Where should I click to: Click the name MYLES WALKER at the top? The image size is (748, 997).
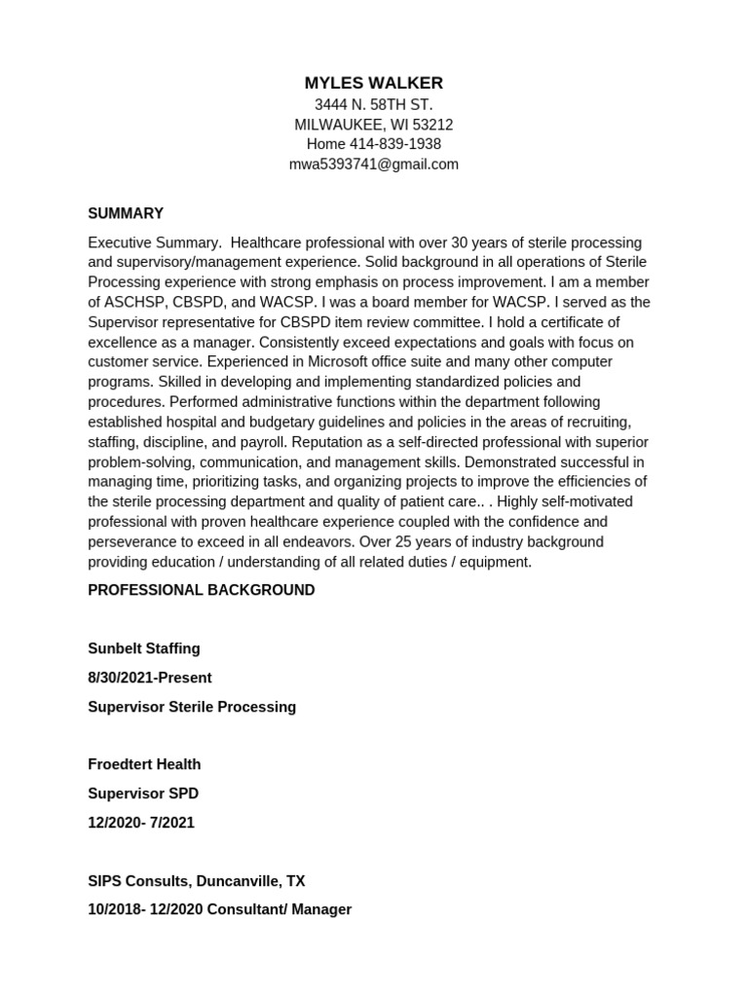[373, 83]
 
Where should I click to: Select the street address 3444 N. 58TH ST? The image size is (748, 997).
[373, 104]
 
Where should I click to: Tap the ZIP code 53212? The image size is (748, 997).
[432, 125]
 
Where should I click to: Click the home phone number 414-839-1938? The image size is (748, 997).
[395, 144]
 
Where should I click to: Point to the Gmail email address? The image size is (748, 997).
[373, 165]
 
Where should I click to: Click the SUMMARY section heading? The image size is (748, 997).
[126, 213]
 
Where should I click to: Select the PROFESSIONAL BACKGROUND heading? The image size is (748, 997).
[202, 590]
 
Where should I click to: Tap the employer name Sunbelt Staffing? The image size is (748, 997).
[144, 648]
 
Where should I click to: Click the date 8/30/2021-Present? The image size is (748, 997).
[150, 678]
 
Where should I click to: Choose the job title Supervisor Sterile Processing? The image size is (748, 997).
[192, 707]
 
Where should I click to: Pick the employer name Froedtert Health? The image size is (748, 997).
[144, 764]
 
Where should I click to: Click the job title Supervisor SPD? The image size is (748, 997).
[143, 794]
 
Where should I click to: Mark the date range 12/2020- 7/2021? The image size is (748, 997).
[141, 823]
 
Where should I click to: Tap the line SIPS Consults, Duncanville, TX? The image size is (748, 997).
[197, 881]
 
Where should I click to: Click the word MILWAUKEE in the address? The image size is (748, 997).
[337, 125]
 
